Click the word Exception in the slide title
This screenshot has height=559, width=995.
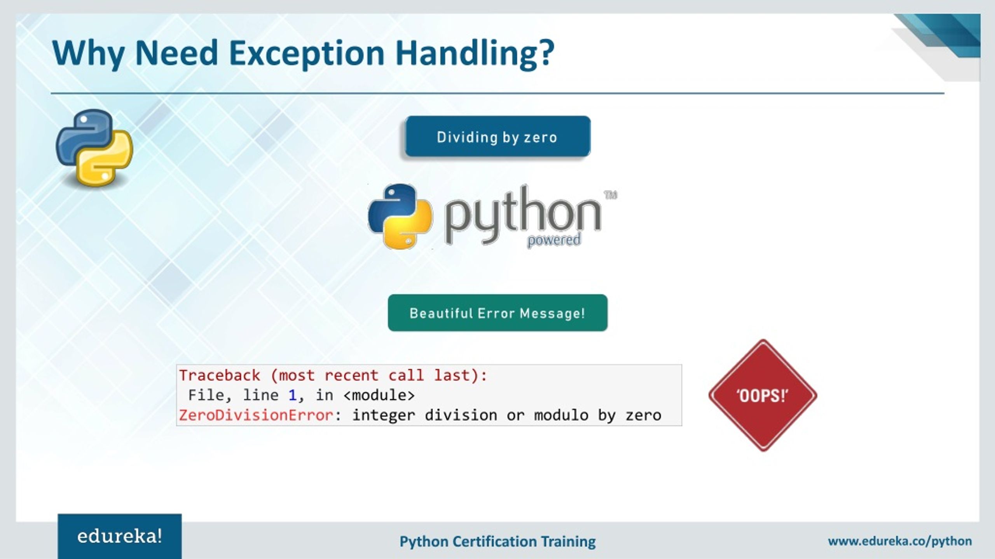click(307, 54)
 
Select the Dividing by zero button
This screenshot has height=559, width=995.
click(497, 137)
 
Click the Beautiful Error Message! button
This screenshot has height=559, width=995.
click(497, 313)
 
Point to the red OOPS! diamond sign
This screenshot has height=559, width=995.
click(763, 396)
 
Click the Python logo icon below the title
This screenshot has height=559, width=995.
click(94, 148)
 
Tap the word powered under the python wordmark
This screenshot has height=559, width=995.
click(554, 240)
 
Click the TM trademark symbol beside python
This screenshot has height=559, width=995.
click(611, 195)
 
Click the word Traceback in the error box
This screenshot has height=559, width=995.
click(220, 375)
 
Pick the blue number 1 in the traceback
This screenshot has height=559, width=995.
click(292, 395)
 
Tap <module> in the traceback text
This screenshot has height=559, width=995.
click(379, 395)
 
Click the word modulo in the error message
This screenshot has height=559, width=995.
click(561, 415)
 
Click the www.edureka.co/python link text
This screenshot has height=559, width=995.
click(900, 541)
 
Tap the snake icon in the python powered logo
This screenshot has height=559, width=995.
click(400, 216)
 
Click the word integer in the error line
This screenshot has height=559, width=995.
click(384, 415)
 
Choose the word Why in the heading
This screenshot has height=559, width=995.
click(88, 54)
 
